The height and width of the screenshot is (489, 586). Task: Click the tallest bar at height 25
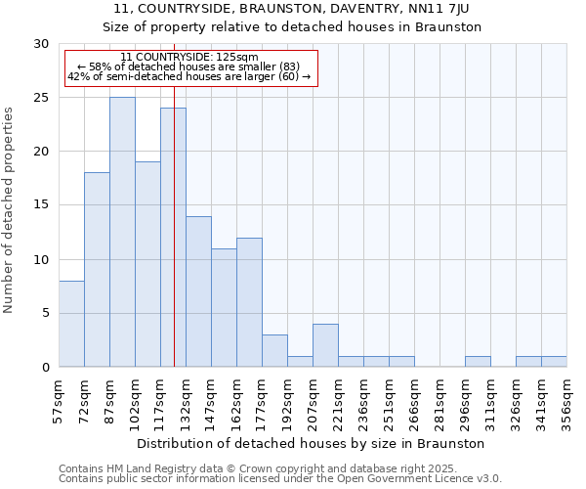tap(122, 232)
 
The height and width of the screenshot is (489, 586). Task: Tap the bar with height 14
tap(198, 291)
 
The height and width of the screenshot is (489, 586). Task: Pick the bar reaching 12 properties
tap(249, 302)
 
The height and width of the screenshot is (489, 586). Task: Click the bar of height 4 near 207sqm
tap(325, 345)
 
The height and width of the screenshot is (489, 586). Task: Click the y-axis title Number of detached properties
tap(10, 210)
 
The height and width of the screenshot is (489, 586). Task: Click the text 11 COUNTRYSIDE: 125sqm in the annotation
tap(190, 58)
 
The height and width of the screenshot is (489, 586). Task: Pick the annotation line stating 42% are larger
tap(189, 76)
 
